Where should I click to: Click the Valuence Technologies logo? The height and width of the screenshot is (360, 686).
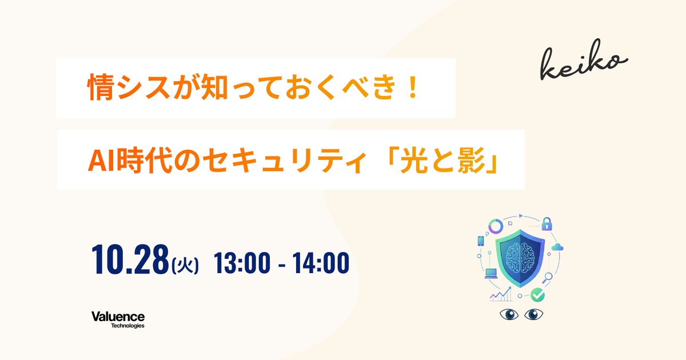[118, 319]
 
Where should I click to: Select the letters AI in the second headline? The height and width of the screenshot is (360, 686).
[98, 160]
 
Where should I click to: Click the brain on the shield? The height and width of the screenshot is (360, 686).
[520, 255]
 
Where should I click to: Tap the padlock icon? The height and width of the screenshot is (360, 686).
[547, 223]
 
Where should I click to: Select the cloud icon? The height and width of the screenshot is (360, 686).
[558, 248]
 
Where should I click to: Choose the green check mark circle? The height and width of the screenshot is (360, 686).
[537, 295]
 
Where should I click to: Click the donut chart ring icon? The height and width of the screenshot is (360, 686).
[495, 225]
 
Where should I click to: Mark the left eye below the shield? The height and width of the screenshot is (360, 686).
[509, 315]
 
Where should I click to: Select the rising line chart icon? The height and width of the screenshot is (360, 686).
[501, 295]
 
